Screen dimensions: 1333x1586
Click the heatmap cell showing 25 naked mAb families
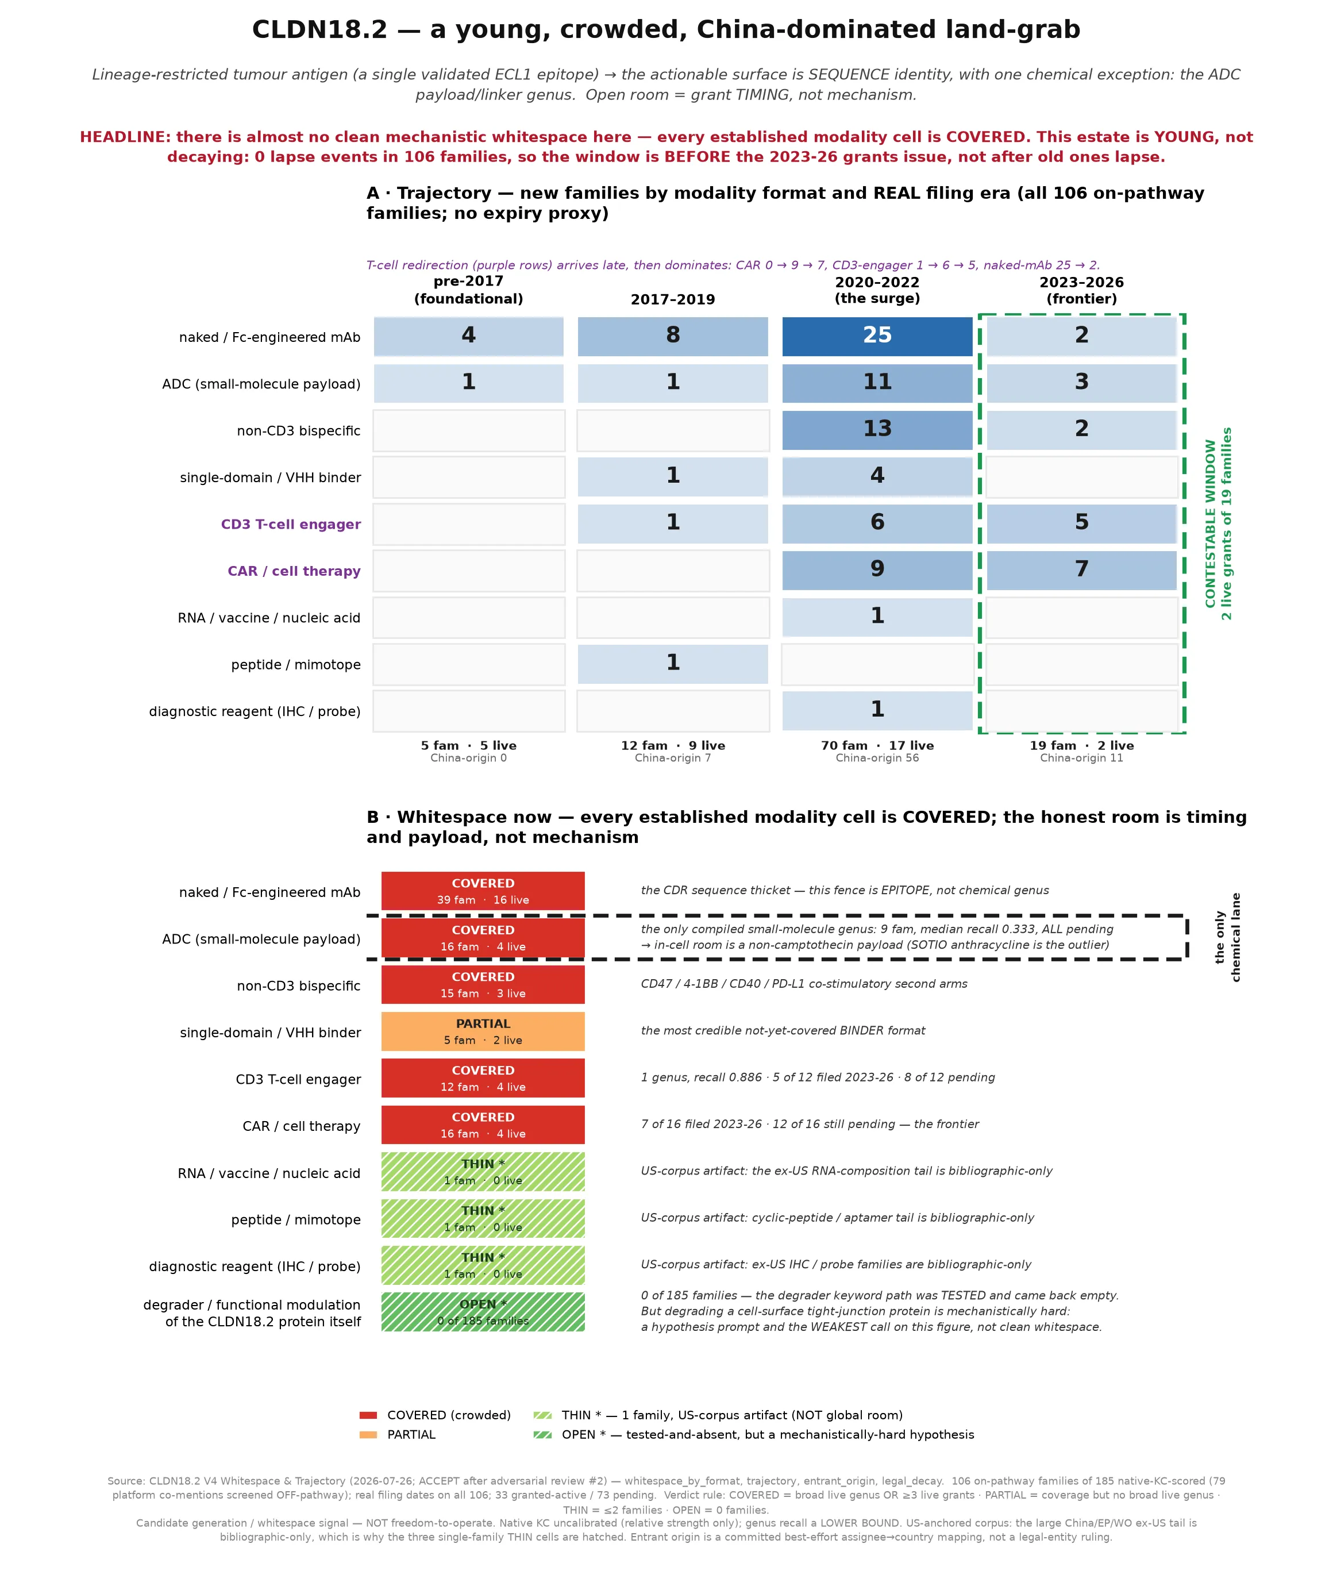point(877,336)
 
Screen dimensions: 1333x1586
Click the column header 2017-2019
point(673,299)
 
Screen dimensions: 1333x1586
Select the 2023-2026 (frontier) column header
point(1081,290)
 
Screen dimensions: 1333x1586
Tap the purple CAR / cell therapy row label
point(294,571)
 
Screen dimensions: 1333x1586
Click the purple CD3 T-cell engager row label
point(291,525)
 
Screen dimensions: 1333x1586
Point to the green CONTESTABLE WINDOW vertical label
point(1218,523)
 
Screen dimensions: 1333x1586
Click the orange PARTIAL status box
point(483,1031)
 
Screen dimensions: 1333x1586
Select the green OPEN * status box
point(483,1312)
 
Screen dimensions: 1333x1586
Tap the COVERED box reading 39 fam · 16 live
point(483,891)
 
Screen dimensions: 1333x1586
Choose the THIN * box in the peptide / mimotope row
point(483,1218)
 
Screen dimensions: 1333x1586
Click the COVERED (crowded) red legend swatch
point(368,1415)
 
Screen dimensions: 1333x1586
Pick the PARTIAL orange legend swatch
point(368,1435)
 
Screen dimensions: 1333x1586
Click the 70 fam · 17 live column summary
point(877,746)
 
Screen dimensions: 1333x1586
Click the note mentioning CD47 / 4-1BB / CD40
point(804,984)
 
